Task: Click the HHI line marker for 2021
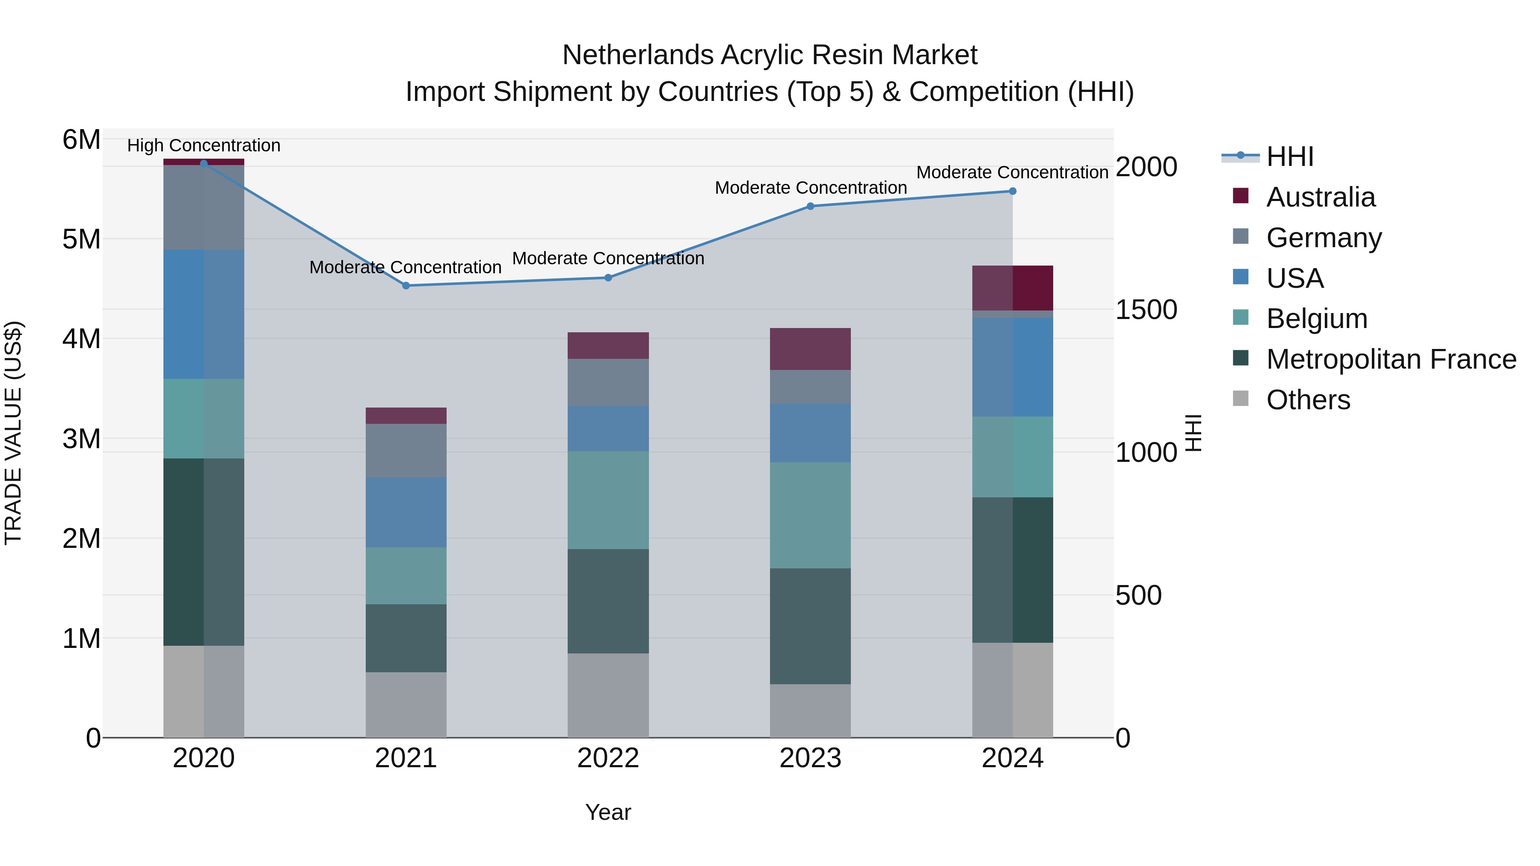[406, 286]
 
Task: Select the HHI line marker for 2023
[811, 206]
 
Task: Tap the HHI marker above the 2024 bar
[1013, 191]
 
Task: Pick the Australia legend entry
[1321, 197]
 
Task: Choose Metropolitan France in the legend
[1391, 359]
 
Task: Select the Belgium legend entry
[1316, 319]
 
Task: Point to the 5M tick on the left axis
[81, 239]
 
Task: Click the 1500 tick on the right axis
[1146, 310]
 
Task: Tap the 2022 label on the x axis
[608, 758]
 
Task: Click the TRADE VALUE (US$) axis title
[13, 433]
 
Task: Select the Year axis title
[608, 812]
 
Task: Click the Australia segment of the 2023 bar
[810, 349]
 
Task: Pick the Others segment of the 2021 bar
[406, 705]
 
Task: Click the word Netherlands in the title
[637, 55]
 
